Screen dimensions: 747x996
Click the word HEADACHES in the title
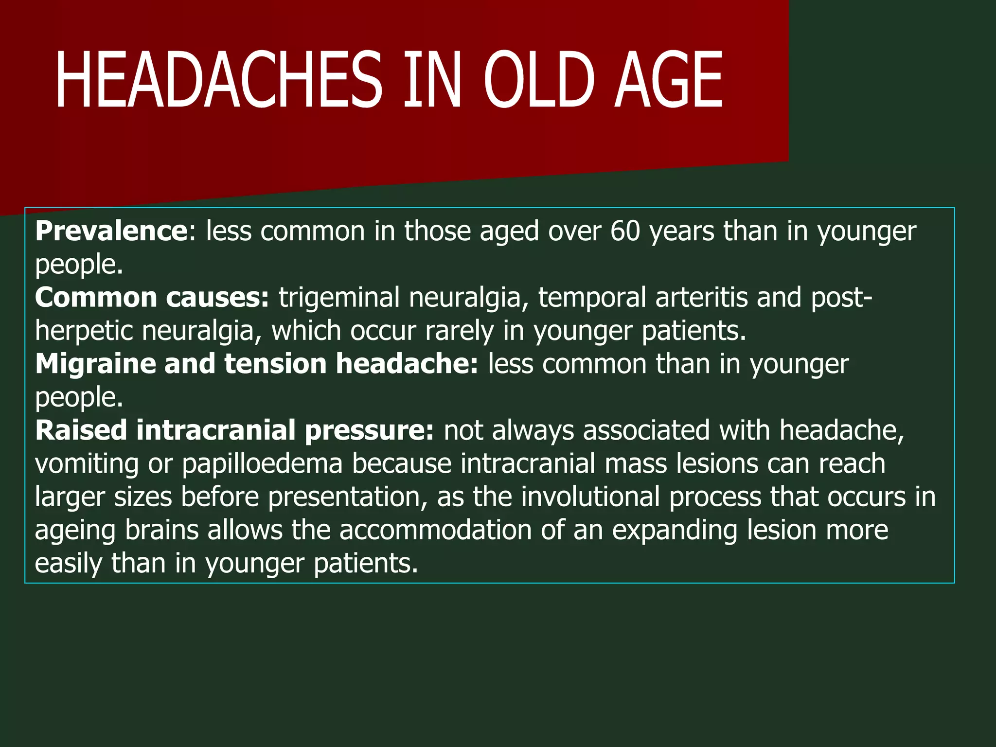(219, 80)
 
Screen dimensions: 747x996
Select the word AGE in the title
(668, 80)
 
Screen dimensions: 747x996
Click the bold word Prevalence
(111, 231)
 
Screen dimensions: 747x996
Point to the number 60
(625, 231)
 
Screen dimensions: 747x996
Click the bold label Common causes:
(152, 297)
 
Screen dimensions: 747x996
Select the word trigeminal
(338, 297)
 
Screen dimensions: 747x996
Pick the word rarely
(459, 331)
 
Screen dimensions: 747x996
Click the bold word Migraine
(95, 364)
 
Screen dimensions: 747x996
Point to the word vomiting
(87, 464)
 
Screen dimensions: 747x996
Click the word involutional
(590, 497)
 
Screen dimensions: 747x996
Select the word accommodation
(435, 530)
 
